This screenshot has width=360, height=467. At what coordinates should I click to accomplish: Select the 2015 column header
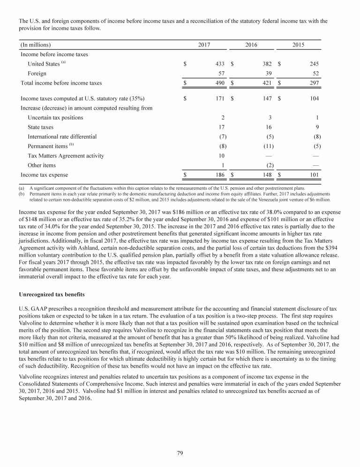click(x=298, y=44)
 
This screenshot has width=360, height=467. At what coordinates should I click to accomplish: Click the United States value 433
click(x=220, y=64)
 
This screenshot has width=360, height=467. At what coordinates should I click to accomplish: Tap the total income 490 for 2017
click(x=220, y=83)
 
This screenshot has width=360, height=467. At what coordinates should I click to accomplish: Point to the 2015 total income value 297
click(x=314, y=83)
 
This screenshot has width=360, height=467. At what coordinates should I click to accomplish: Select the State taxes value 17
click(x=222, y=127)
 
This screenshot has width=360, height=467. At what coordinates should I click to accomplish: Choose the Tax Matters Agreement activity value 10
click(x=222, y=156)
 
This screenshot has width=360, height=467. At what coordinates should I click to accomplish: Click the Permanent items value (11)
click(x=268, y=146)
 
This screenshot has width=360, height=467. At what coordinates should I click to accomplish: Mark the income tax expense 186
click(x=220, y=175)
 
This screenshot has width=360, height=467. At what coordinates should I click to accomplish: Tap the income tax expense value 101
click(x=314, y=175)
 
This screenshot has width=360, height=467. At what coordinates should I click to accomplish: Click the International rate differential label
click(x=62, y=137)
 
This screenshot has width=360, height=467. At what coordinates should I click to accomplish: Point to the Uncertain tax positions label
click(x=55, y=118)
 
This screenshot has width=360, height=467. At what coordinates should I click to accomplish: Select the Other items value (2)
click(x=269, y=165)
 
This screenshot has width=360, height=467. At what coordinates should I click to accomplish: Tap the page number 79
click(x=180, y=452)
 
